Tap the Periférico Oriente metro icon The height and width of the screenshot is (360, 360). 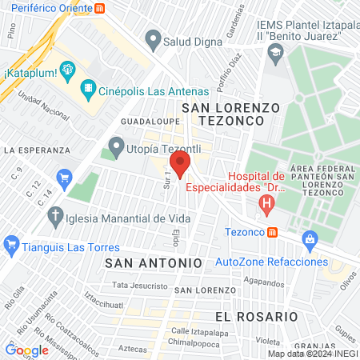pyautogui.click(x=100, y=8)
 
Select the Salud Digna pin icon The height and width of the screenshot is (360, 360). pyautogui.click(x=152, y=38)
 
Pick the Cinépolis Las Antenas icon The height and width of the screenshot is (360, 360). pyautogui.click(x=90, y=92)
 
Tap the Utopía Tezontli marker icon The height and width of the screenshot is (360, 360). pyautogui.click(x=117, y=147)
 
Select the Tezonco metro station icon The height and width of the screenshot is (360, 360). pyautogui.click(x=274, y=233)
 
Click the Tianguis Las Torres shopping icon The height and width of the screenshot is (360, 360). pyautogui.click(x=11, y=245)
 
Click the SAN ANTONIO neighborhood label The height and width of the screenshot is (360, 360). pyautogui.click(x=153, y=262)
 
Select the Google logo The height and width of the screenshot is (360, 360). pyautogui.click(x=26, y=350)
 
